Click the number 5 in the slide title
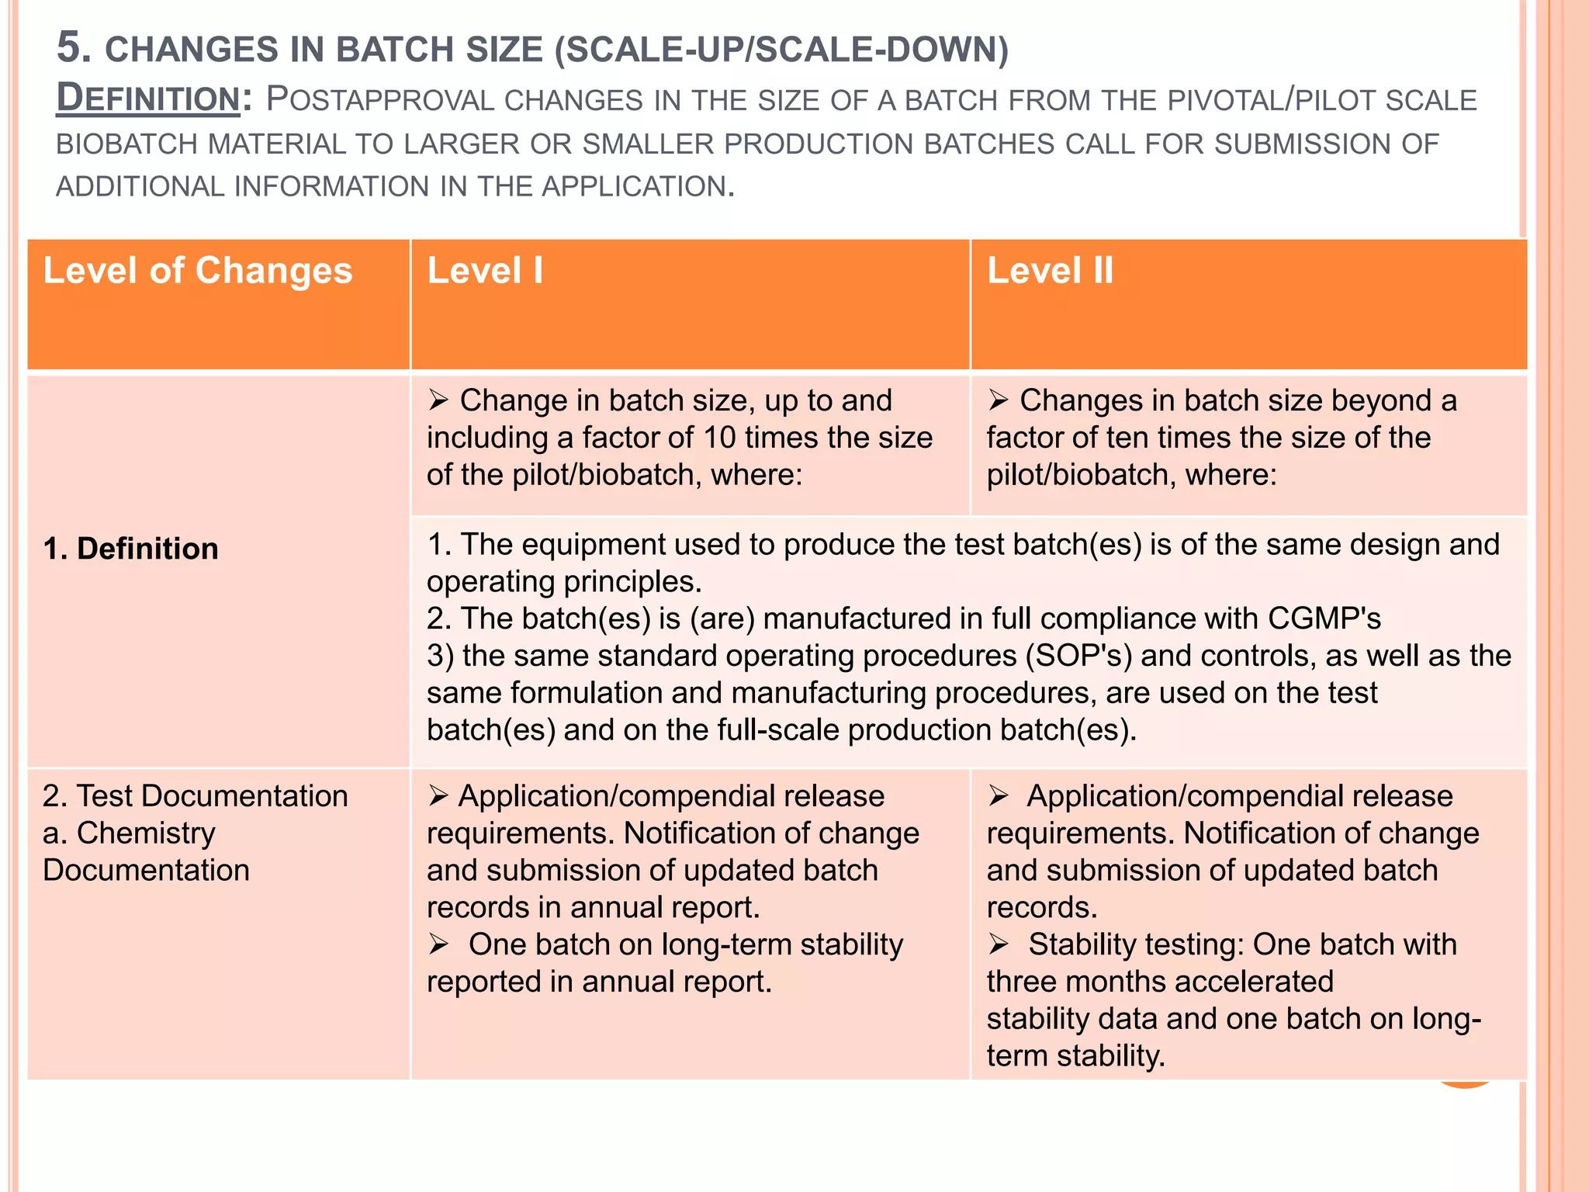[x=69, y=47]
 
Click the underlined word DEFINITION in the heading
[x=148, y=99]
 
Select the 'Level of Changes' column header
[x=198, y=271]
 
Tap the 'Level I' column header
[x=485, y=271]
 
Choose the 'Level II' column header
[x=1050, y=271]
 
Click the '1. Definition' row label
[x=131, y=549]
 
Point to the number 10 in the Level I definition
[x=718, y=438]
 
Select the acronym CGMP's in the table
[x=1324, y=619]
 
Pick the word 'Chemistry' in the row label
[x=146, y=833]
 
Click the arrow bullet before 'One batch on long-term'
[x=439, y=944]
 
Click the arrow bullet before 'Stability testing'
[x=999, y=944]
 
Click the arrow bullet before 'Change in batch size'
[x=439, y=400]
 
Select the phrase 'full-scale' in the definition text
[x=778, y=730]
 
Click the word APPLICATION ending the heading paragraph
[x=634, y=187]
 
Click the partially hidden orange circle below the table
[x=1463, y=1085]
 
